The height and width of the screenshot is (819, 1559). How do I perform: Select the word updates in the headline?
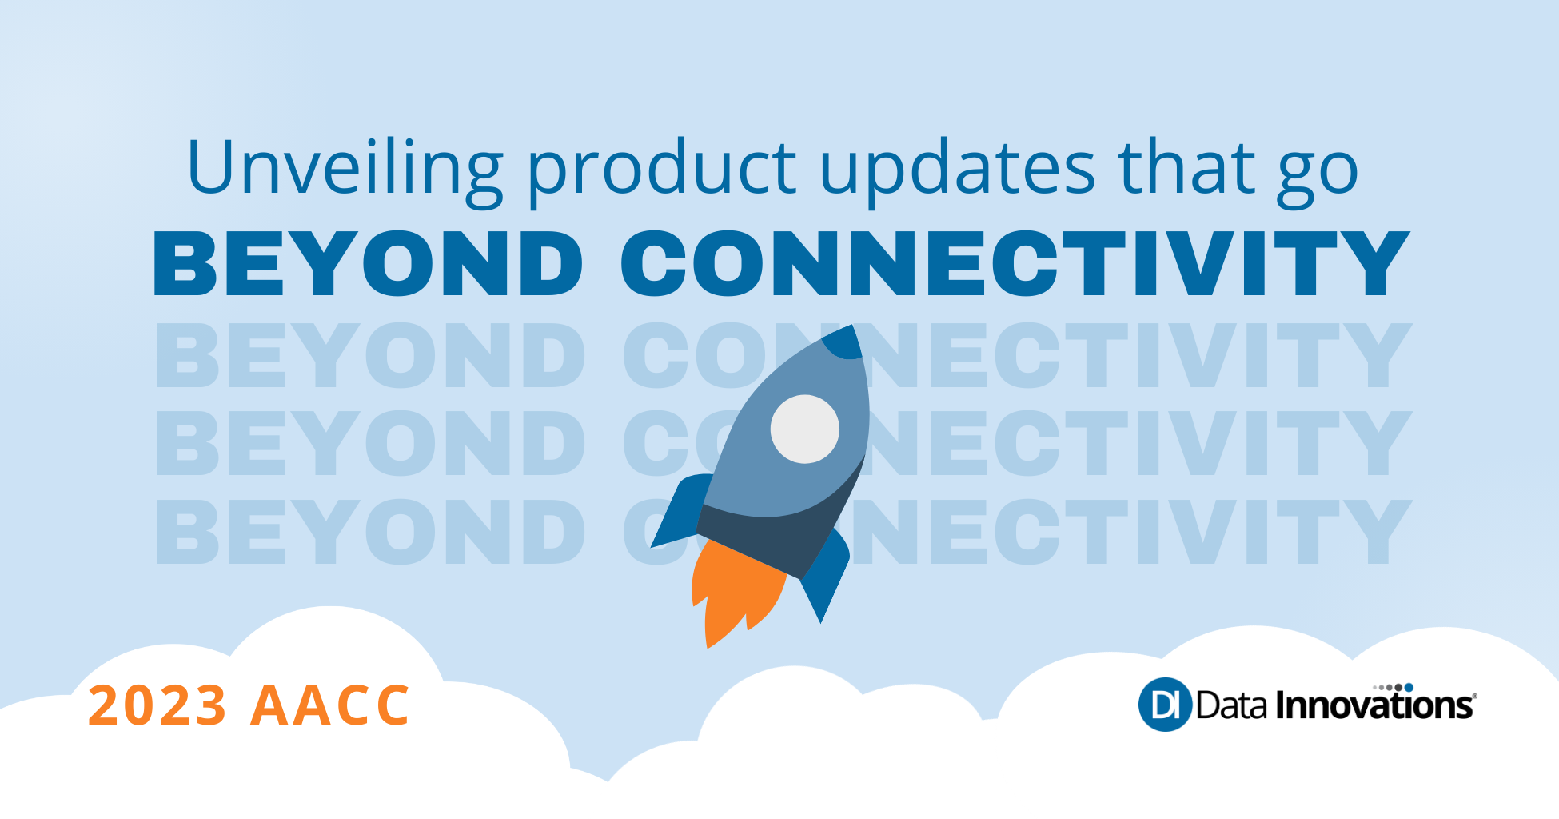tap(958, 170)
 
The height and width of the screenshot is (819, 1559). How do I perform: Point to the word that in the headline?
tap(1187, 168)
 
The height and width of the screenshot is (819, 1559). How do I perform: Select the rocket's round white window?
tap(804, 429)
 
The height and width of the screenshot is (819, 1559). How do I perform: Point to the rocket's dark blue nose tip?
tap(843, 342)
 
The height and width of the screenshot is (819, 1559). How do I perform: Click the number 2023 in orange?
tap(157, 705)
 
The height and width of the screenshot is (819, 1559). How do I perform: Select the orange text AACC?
tap(330, 705)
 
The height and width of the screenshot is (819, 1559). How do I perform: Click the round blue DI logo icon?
tap(1164, 705)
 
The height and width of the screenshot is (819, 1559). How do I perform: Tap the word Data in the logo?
tap(1231, 705)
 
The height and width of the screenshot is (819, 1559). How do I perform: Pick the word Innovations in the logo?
tap(1374, 706)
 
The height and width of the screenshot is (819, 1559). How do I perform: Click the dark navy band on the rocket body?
tap(768, 536)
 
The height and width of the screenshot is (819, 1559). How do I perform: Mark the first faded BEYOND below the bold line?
tap(370, 356)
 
